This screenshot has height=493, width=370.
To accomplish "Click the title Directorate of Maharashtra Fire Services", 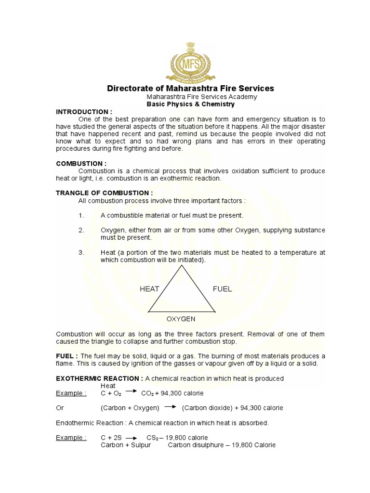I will point(190,89).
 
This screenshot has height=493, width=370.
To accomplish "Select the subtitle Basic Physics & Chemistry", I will point(190,104).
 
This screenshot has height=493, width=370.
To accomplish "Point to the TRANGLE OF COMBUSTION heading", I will point(105,193).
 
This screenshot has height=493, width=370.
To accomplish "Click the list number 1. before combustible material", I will point(81,215).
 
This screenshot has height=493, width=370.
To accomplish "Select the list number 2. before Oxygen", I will point(81,230).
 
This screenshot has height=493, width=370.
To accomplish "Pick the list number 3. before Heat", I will point(81,252).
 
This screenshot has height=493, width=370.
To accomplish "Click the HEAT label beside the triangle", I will point(149,289).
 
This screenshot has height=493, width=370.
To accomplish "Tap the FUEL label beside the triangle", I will point(222,289).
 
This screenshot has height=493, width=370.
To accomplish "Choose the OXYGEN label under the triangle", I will point(181,319).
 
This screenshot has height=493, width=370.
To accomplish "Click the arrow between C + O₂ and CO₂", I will point(132,392).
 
